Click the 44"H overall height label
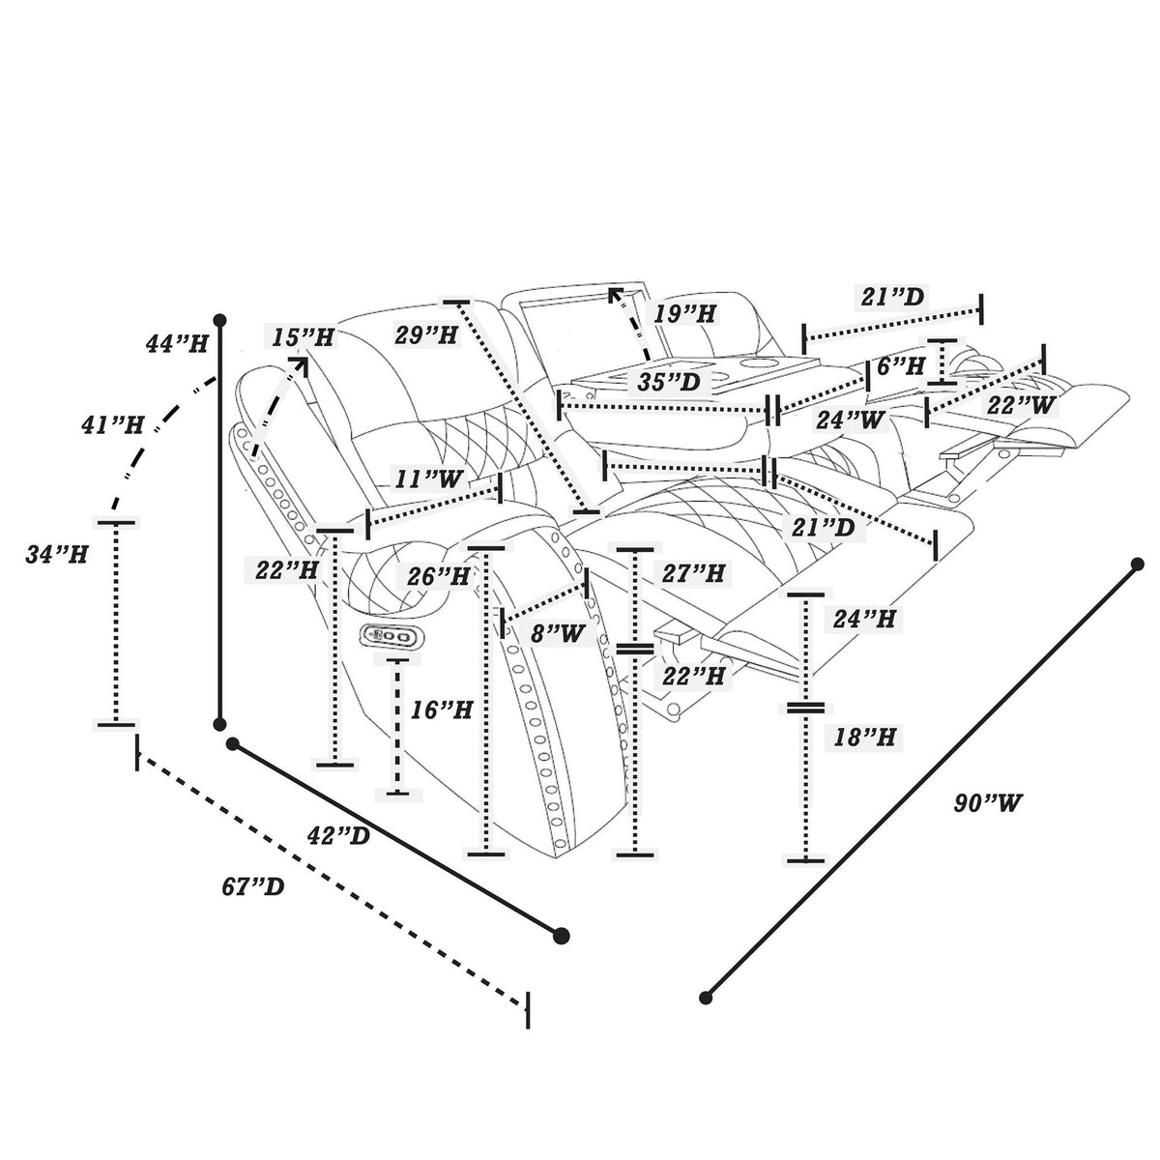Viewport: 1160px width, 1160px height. [177, 344]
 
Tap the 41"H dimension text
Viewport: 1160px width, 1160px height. [112, 426]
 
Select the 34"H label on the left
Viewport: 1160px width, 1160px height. [57, 555]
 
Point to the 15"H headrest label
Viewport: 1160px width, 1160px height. [302, 337]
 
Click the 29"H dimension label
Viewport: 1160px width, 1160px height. [426, 334]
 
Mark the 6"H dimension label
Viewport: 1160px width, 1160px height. [900, 365]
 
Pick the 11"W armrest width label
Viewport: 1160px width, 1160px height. [429, 479]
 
